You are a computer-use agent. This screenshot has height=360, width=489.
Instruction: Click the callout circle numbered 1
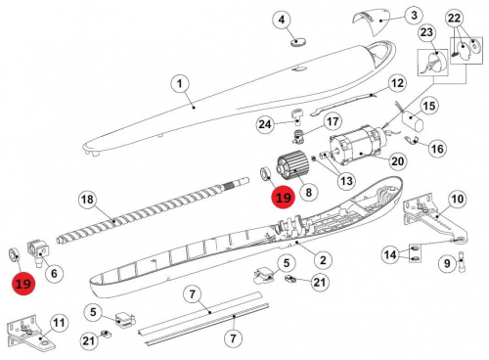180,84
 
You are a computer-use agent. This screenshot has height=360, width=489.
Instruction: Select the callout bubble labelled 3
414,15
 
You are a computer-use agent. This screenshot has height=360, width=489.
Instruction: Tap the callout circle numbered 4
282,20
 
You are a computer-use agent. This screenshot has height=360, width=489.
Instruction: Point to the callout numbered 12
397,83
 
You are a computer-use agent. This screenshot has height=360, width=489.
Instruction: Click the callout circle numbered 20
397,161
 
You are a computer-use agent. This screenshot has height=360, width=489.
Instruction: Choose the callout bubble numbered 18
87,200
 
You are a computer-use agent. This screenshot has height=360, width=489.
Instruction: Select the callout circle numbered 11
59,323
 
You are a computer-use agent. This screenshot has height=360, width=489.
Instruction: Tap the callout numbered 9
447,263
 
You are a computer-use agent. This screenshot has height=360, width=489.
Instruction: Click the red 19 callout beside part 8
284,198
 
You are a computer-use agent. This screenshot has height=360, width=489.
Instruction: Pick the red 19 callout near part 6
23,284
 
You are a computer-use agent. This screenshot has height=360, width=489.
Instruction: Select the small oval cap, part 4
298,42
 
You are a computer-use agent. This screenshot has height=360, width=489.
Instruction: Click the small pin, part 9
462,261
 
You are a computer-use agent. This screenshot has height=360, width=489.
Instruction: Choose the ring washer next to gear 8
265,173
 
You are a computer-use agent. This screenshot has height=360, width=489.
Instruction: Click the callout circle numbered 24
265,124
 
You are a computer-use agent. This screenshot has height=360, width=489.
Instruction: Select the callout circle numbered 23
426,32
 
